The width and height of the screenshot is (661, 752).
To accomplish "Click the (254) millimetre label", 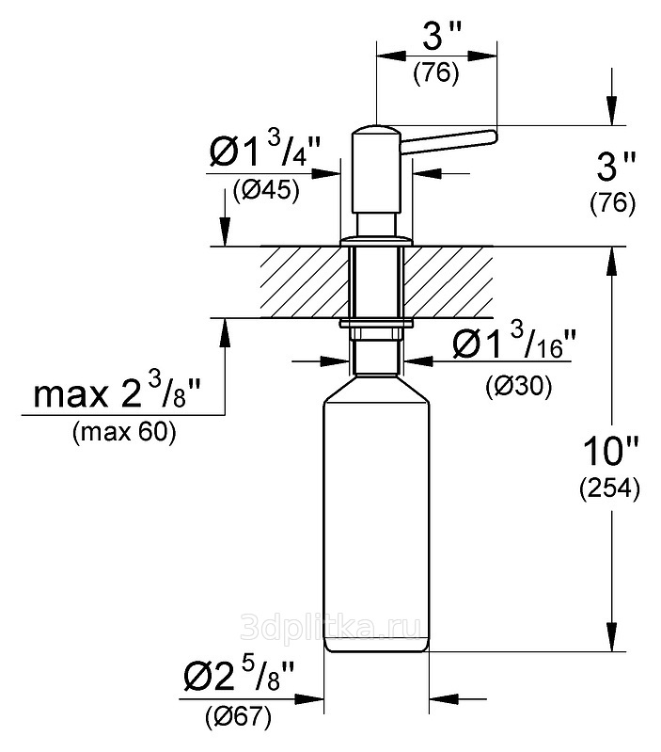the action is (609, 489).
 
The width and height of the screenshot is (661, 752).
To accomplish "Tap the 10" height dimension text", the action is (610, 451).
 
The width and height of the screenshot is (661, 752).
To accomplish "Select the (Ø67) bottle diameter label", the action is (238, 717).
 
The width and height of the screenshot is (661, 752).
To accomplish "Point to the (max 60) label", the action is (124, 433).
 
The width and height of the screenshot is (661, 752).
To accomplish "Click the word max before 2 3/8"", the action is (71, 395).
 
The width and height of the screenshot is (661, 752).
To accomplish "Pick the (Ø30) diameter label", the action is (519, 386).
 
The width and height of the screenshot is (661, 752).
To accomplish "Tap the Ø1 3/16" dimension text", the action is (512, 345).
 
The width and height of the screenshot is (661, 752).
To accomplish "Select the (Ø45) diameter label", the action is (266, 191).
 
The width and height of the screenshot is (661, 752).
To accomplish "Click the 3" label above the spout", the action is (442, 38).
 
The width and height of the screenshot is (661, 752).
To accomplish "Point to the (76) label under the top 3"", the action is (436, 73).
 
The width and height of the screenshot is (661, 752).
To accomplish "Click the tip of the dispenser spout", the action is (496, 136).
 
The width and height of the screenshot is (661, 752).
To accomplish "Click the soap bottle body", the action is (376, 513).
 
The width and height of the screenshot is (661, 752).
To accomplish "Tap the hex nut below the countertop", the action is (376, 333).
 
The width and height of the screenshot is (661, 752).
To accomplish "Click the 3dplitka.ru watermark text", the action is (331, 627).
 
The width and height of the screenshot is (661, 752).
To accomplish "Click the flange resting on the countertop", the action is (376, 241).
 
